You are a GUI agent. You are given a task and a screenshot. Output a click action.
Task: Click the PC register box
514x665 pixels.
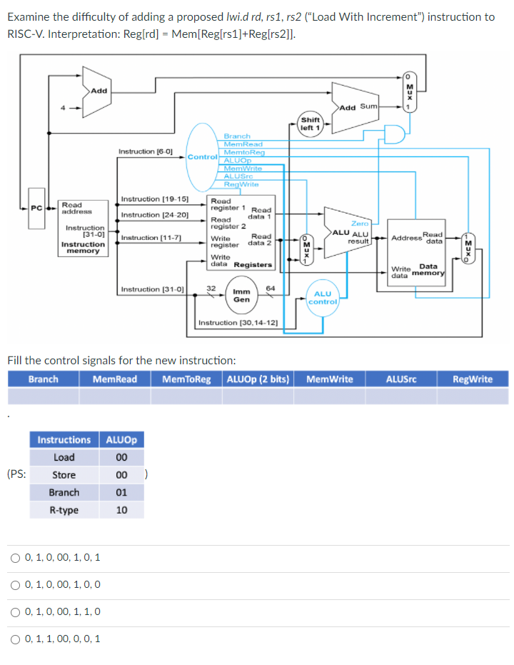pyautogui.click(x=36, y=208)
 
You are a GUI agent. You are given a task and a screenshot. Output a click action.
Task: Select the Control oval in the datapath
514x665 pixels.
pyautogui.click(x=202, y=156)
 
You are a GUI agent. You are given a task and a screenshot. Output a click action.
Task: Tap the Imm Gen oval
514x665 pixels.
pyautogui.click(x=242, y=295)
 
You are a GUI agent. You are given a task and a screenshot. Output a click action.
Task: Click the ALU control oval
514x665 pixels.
pyautogui.click(x=322, y=297)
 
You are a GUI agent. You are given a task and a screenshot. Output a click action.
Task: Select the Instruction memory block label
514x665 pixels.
pyautogui.click(x=83, y=247)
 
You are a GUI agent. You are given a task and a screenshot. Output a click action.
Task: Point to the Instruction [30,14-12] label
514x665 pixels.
pyautogui.click(x=237, y=323)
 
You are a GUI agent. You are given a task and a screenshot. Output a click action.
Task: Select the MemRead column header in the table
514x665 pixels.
pyautogui.click(x=114, y=379)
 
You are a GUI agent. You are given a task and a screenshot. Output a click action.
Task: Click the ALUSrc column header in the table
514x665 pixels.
pyautogui.click(x=400, y=379)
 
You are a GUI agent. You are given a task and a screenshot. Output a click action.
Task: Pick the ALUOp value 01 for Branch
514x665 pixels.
pyautogui.click(x=121, y=493)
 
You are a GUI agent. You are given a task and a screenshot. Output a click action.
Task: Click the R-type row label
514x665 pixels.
pyautogui.click(x=64, y=510)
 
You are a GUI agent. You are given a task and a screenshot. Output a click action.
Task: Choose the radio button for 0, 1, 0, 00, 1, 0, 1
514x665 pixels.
pyautogui.click(x=16, y=557)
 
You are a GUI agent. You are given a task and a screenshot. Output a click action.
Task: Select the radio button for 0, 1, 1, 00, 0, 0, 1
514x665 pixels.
pyautogui.click(x=16, y=639)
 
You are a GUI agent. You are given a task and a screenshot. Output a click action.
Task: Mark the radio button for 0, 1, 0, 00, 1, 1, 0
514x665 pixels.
pyautogui.click(x=16, y=611)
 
